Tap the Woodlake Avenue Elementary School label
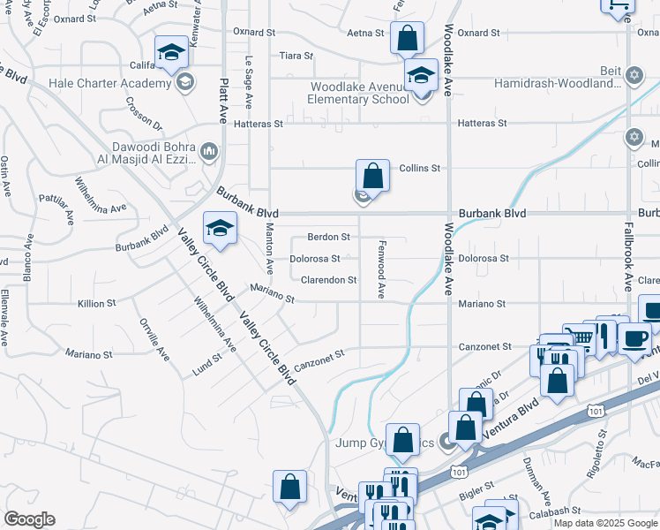click(359, 93)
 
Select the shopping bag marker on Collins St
click(373, 175)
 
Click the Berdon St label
click(328, 237)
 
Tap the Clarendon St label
click(328, 280)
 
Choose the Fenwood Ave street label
click(382, 268)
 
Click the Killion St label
click(97, 303)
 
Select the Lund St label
click(206, 364)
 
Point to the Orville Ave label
click(154, 339)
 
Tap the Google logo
click(29, 519)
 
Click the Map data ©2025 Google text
click(605, 523)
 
